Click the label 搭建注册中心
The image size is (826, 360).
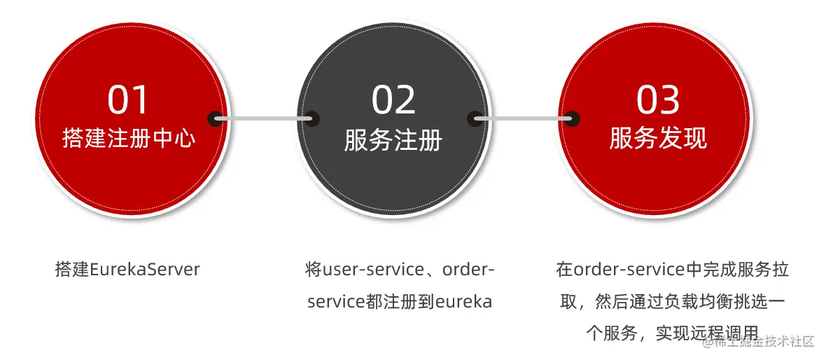[129, 138]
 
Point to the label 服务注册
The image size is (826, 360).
[393, 139]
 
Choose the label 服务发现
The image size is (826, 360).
[658, 138]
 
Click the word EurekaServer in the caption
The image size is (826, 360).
[145, 270]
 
